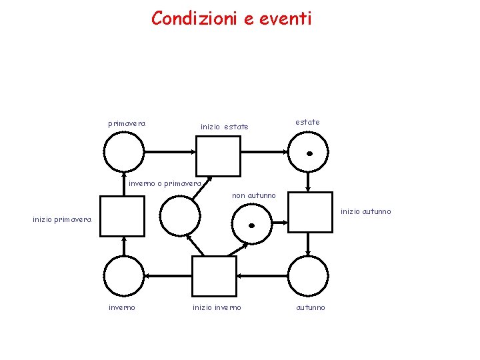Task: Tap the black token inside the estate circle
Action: pos(309,153)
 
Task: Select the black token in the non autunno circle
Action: pos(251,225)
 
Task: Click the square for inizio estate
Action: pos(217,155)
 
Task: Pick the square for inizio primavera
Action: pos(121,216)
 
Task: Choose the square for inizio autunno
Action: pos(310,212)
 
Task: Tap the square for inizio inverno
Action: pos(214,276)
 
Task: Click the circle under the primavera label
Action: pos(123,153)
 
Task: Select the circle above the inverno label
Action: pos(124,276)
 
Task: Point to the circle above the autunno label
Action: pos(308,276)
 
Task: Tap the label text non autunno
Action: pos(253,195)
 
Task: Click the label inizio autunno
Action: pos(366,211)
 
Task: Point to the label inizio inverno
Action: pos(217,307)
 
